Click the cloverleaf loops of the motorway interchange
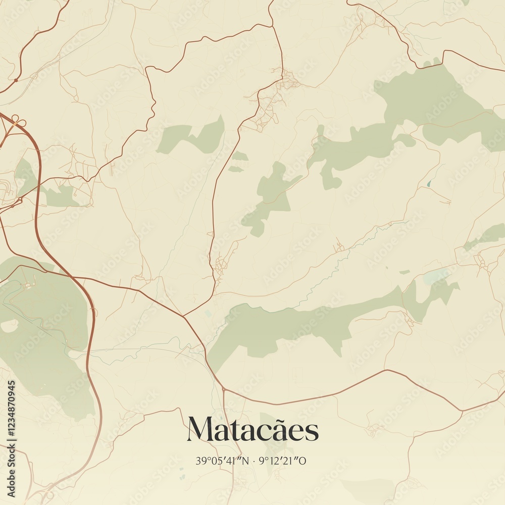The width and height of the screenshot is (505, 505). (x=18, y=121)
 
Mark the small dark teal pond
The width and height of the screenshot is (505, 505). (x=429, y=183)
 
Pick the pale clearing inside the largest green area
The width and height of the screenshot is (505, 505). (x=9, y=326)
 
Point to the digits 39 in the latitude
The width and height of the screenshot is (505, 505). (x=199, y=461)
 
